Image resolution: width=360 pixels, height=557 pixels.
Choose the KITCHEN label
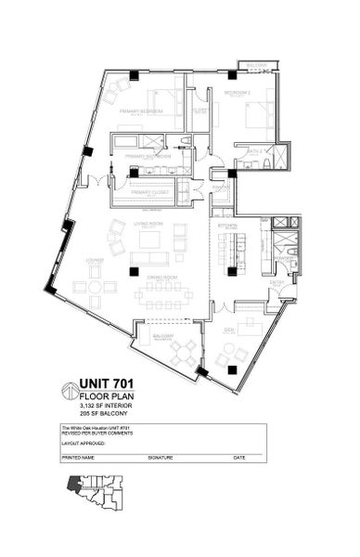tap(227, 226)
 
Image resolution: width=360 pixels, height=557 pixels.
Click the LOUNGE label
tap(94, 262)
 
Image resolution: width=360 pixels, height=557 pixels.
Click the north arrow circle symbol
tap(71, 391)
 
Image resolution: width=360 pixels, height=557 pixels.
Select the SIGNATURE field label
tap(161, 458)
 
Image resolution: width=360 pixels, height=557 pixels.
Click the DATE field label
tap(239, 458)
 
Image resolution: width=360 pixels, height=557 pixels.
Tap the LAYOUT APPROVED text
tap(84, 445)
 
